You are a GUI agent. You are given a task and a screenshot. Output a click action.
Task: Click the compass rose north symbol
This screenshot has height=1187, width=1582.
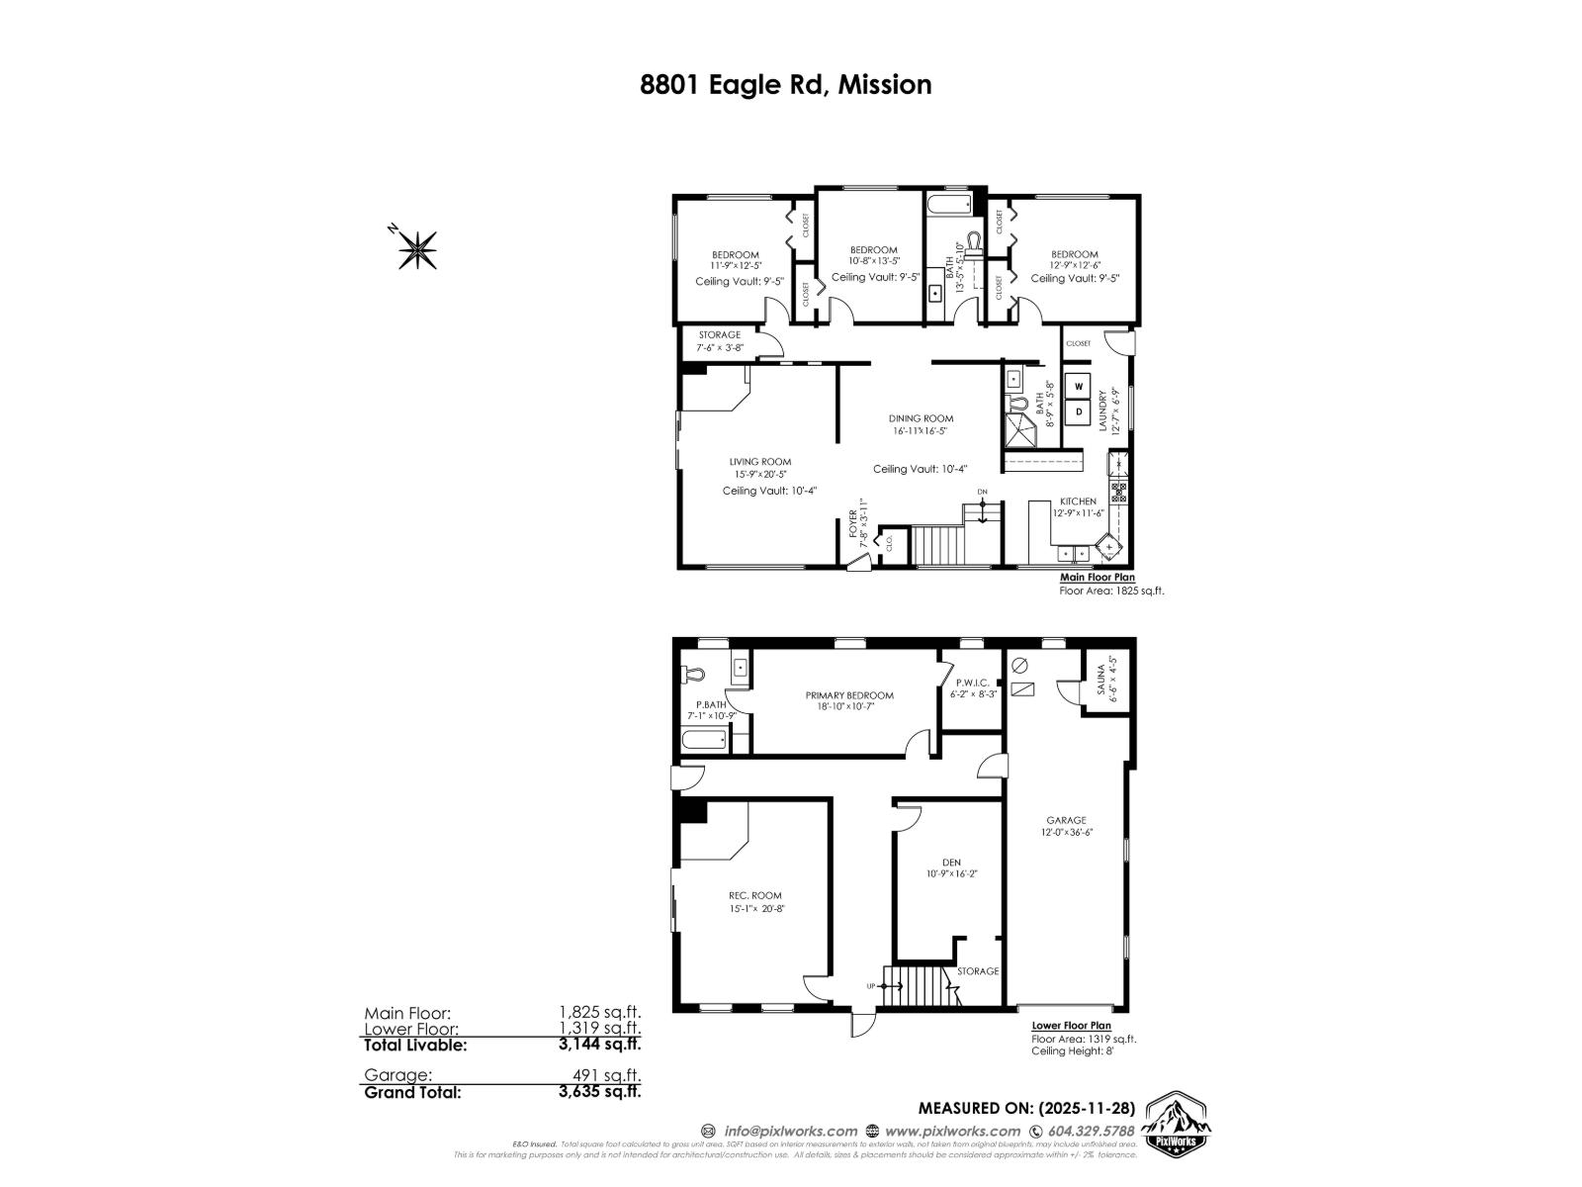417,248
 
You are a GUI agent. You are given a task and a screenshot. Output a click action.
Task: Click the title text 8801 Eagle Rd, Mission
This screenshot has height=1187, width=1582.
786,85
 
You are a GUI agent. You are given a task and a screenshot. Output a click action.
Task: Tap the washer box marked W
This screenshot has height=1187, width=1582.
1079,386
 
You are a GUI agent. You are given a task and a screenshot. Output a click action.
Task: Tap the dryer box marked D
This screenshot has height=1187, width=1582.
1079,410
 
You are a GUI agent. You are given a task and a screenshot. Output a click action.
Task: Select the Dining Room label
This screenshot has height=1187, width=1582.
921,418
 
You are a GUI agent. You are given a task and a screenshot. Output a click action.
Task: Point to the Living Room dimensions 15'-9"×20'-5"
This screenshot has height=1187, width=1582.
760,475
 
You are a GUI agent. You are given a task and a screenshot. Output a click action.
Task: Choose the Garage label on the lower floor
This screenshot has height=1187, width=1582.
1066,820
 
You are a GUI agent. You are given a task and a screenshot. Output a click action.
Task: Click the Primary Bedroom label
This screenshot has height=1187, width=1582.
848,695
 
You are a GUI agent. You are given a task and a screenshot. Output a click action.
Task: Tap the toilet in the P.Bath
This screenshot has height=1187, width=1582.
693,675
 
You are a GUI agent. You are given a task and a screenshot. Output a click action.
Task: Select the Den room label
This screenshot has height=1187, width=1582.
951,863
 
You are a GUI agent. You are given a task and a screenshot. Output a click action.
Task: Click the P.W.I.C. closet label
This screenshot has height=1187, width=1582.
972,683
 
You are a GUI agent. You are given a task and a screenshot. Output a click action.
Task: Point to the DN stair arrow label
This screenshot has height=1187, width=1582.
982,492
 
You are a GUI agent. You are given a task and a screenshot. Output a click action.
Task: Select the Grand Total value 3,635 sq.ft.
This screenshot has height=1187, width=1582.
599,1093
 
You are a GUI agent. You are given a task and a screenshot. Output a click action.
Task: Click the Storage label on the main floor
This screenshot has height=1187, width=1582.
719,335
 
